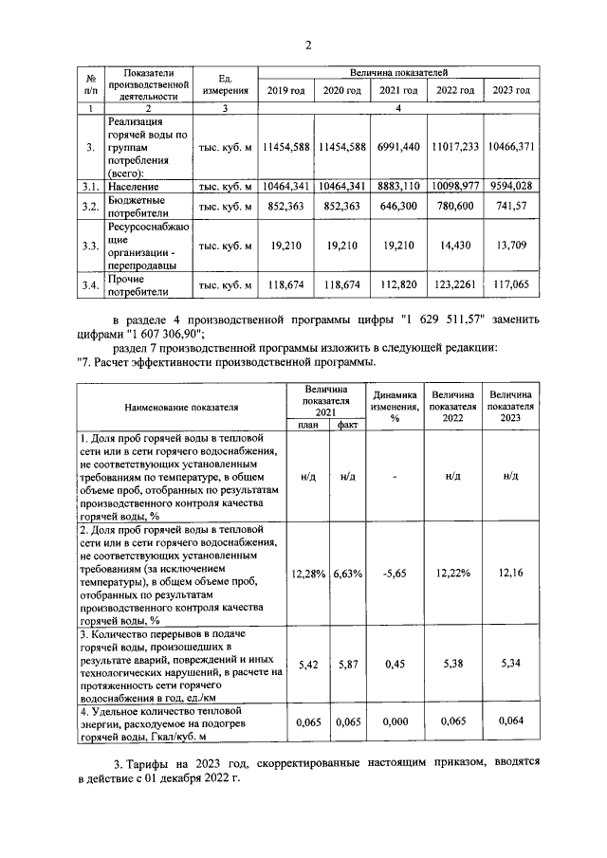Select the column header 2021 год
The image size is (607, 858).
tap(398, 90)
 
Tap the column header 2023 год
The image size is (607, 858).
tap(512, 90)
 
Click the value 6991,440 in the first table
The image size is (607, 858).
tap(398, 148)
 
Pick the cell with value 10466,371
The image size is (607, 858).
tap(512, 148)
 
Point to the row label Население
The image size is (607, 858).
tap(133, 187)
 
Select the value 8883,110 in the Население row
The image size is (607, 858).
tap(398, 187)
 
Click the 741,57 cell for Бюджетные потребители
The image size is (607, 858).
tap(512, 206)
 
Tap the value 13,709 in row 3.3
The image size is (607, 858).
tap(512, 246)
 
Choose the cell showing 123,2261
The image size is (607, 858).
tap(455, 283)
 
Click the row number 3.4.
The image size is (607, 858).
tap(90, 283)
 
